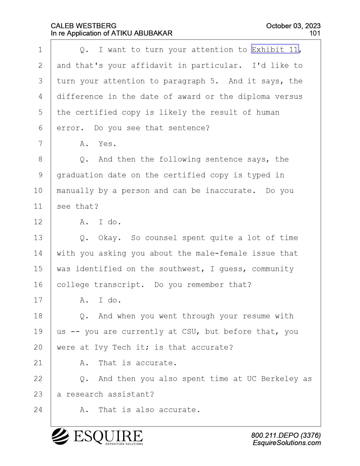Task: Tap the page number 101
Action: pyautogui.click(x=315, y=33)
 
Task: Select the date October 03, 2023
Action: pyautogui.click(x=293, y=26)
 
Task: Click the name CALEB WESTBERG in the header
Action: pyautogui.click(x=84, y=26)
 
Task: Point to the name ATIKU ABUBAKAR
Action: pyautogui.click(x=141, y=33)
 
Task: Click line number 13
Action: pyautogui.click(x=38, y=238)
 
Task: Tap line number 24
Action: pyautogui.click(x=38, y=410)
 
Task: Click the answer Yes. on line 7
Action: pyautogui.click(x=107, y=144)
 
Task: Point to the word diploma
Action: pyautogui.click(x=254, y=97)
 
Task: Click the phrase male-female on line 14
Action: pyautogui.click(x=221, y=253)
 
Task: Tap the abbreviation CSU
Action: pyautogui.click(x=189, y=332)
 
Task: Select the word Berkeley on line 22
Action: pyautogui.click(x=280, y=379)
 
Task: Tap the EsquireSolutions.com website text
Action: pyautogui.click(x=287, y=443)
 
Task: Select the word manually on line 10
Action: pyautogui.click(x=75, y=191)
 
